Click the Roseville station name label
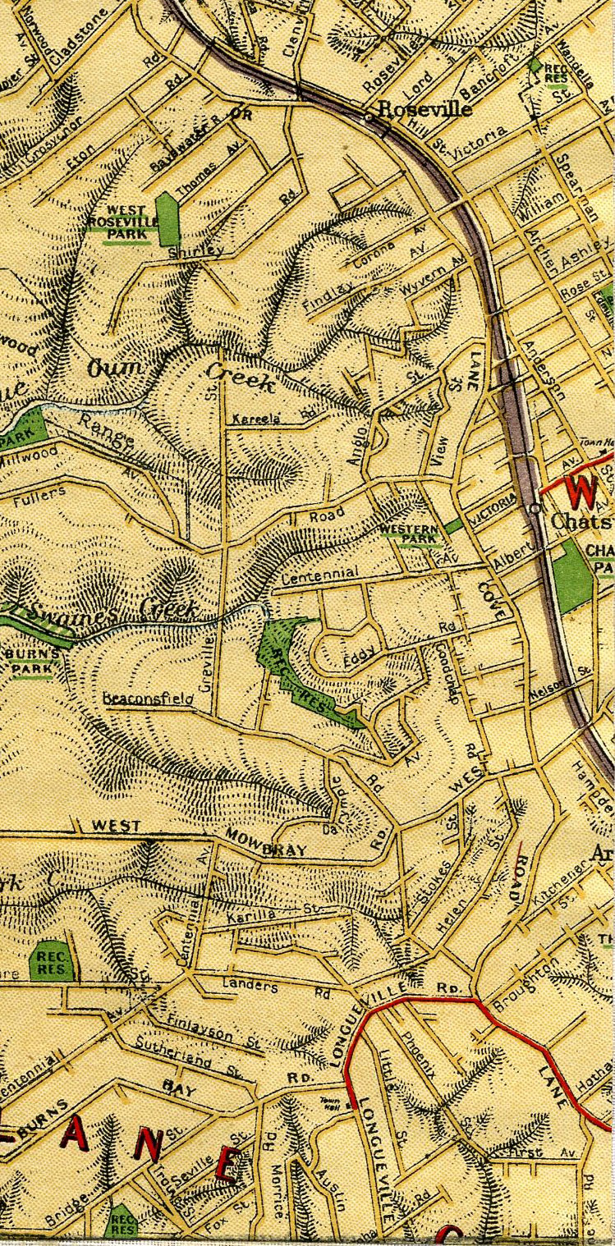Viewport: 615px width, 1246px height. (425, 109)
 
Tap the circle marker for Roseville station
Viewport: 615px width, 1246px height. (368, 117)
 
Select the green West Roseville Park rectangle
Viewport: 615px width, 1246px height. (168, 218)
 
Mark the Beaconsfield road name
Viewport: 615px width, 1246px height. (148, 699)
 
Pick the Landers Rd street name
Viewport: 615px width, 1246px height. (268, 988)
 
